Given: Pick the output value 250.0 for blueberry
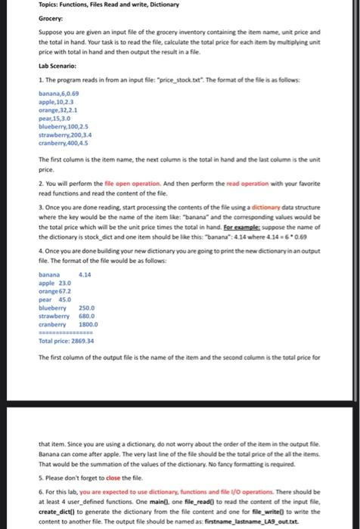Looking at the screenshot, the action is [86, 308].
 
